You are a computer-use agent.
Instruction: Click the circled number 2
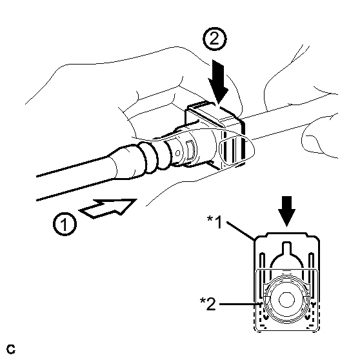(x=214, y=39)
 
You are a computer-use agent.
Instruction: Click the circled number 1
(x=65, y=224)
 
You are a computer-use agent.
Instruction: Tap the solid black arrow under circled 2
(x=218, y=81)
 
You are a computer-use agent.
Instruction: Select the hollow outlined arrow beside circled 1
(x=108, y=208)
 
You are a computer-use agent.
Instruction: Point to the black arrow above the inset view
(x=286, y=211)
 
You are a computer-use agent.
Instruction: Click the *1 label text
(x=215, y=222)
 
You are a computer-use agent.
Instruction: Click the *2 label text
(x=208, y=303)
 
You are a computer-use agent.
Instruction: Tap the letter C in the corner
(x=11, y=349)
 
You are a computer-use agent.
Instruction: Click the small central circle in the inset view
(x=286, y=300)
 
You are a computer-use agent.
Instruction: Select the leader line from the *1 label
(x=241, y=231)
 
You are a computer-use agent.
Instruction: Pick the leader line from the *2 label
(x=241, y=305)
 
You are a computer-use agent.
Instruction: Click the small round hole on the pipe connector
(x=177, y=153)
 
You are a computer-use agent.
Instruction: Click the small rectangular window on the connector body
(x=190, y=150)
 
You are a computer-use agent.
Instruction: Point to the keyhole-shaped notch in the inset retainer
(x=286, y=255)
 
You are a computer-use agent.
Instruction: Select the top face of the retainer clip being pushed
(x=214, y=112)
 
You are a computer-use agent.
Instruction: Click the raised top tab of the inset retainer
(x=286, y=234)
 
